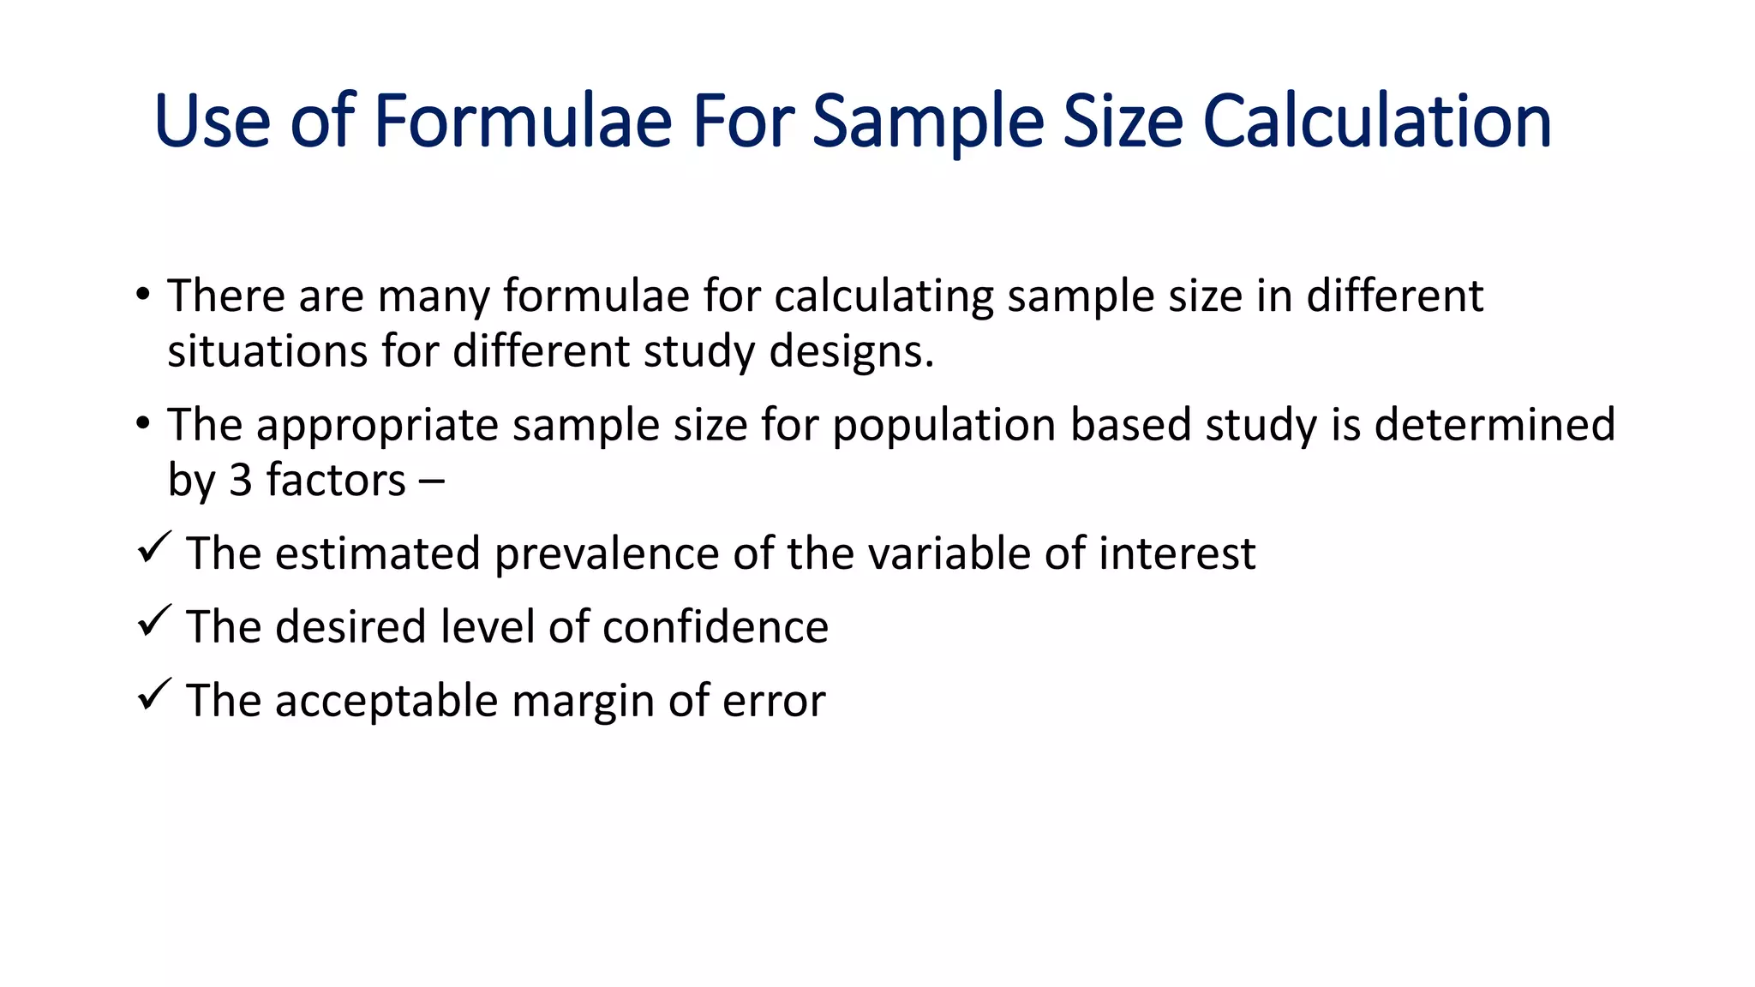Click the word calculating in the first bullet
[x=883, y=296]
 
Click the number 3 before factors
[x=241, y=480]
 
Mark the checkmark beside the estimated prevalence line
[x=154, y=547]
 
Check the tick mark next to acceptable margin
[x=154, y=695]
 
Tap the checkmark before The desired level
[x=154, y=621]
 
